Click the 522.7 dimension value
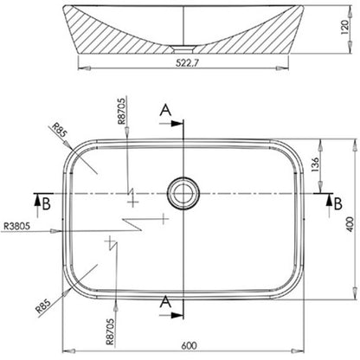188,62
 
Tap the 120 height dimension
344,27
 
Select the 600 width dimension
189,345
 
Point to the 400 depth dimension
350,224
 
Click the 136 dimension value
316,164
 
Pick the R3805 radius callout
16,226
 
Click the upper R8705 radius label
122,111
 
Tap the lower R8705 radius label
110,331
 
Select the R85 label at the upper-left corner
60,130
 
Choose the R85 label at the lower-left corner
43,306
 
